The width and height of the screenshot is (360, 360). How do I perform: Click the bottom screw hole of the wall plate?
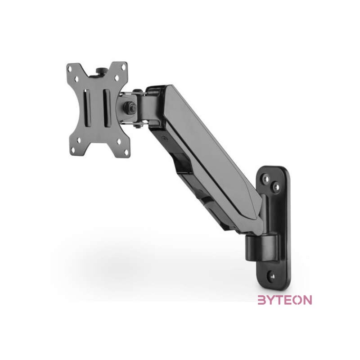271,274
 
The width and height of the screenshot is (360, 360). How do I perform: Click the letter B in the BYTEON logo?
262,300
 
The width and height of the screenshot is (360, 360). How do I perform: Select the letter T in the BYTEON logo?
279,300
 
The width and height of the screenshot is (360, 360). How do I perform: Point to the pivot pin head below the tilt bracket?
135,127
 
